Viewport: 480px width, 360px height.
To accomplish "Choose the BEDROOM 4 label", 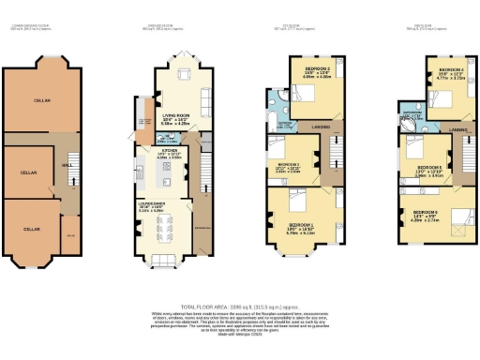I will (x=453, y=70).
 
